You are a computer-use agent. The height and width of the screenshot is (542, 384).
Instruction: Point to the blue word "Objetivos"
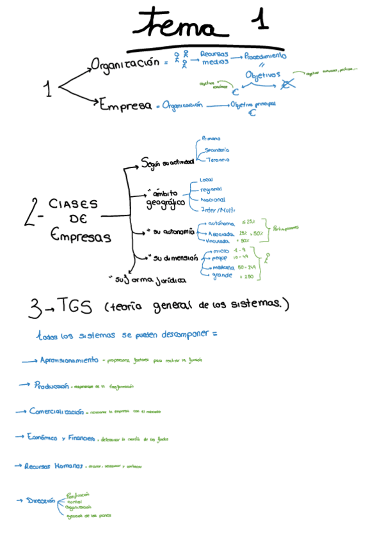[262, 75]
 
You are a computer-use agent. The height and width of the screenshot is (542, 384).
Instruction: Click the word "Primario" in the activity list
[211, 138]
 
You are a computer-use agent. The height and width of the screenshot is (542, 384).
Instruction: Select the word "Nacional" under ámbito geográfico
[212, 199]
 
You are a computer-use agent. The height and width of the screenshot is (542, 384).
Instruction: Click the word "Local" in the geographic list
[206, 180]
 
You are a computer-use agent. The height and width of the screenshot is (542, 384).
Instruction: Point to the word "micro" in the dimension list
[220, 251]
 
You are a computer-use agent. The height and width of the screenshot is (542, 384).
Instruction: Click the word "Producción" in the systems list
[52, 386]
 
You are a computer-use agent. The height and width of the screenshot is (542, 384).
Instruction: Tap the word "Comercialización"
[56, 411]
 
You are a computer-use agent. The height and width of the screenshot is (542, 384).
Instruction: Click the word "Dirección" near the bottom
[40, 501]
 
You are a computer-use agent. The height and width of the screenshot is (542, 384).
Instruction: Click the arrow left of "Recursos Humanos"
[19, 466]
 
